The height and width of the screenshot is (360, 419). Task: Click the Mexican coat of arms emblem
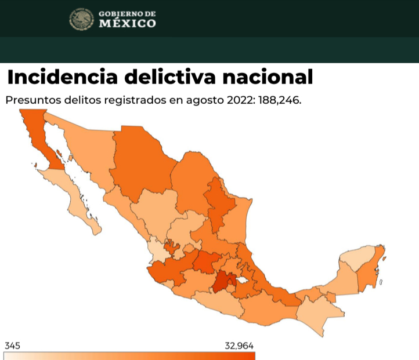[81, 19]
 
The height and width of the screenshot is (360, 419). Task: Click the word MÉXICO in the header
[127, 24]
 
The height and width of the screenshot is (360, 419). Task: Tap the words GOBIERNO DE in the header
[127, 13]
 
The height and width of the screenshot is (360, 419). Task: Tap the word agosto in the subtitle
[206, 100]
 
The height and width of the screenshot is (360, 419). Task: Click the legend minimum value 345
[12, 346]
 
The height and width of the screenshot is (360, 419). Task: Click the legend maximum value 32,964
[239, 346]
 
